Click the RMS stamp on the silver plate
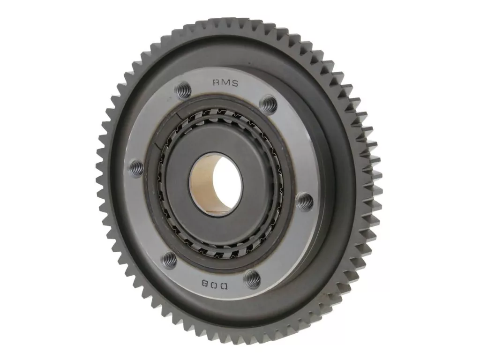coord(225,82)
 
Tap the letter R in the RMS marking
coord(216,82)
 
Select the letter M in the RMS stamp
coord(225,82)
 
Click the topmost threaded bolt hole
coord(185,90)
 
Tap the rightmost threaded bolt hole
coord(306,201)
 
